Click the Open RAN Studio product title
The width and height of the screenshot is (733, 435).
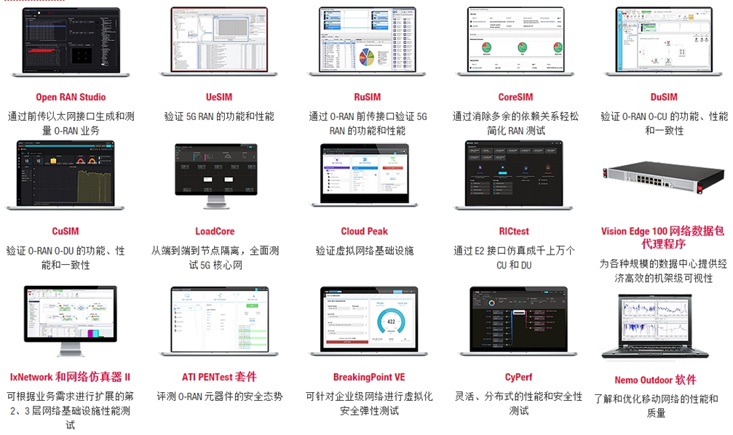[71, 97]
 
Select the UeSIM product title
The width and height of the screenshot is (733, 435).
[218, 97]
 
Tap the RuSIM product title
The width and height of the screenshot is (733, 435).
[367, 97]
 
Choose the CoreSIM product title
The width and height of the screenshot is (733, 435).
[515, 97]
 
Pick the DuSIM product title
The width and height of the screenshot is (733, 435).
[663, 97]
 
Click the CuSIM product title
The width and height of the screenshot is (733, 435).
[65, 231]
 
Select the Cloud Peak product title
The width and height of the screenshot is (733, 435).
[364, 231]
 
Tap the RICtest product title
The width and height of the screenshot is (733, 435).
[514, 231]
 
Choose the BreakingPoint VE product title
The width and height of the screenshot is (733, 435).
[368, 377]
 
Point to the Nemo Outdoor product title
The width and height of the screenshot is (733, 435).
[655, 380]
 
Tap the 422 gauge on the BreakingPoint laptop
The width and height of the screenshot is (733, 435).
[390, 322]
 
